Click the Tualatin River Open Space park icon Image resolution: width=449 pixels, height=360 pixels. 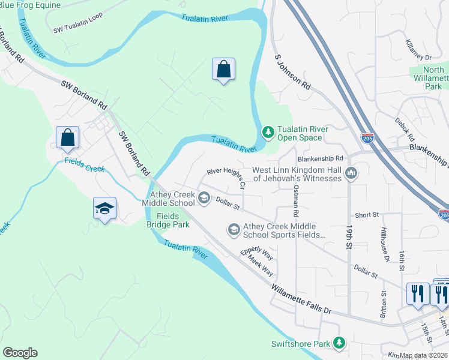[x=268, y=130]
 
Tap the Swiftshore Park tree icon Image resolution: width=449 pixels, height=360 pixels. [x=340, y=342]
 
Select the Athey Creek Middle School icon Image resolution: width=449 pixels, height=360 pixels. [x=203, y=197]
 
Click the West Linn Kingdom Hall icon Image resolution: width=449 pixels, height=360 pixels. [x=352, y=173]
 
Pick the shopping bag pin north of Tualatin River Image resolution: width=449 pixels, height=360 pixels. [x=223, y=70]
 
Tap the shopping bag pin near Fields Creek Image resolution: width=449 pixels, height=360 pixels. [x=67, y=137]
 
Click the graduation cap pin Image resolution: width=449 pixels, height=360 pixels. [x=105, y=209]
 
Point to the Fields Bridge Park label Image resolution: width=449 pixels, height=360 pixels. [x=168, y=220]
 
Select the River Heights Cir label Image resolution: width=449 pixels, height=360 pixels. [x=226, y=178]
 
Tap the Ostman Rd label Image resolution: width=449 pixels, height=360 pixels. [x=295, y=201]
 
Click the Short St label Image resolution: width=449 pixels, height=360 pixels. [x=367, y=214]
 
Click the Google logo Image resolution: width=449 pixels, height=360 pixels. [x=20, y=352]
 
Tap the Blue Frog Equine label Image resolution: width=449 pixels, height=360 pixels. [x=31, y=5]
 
